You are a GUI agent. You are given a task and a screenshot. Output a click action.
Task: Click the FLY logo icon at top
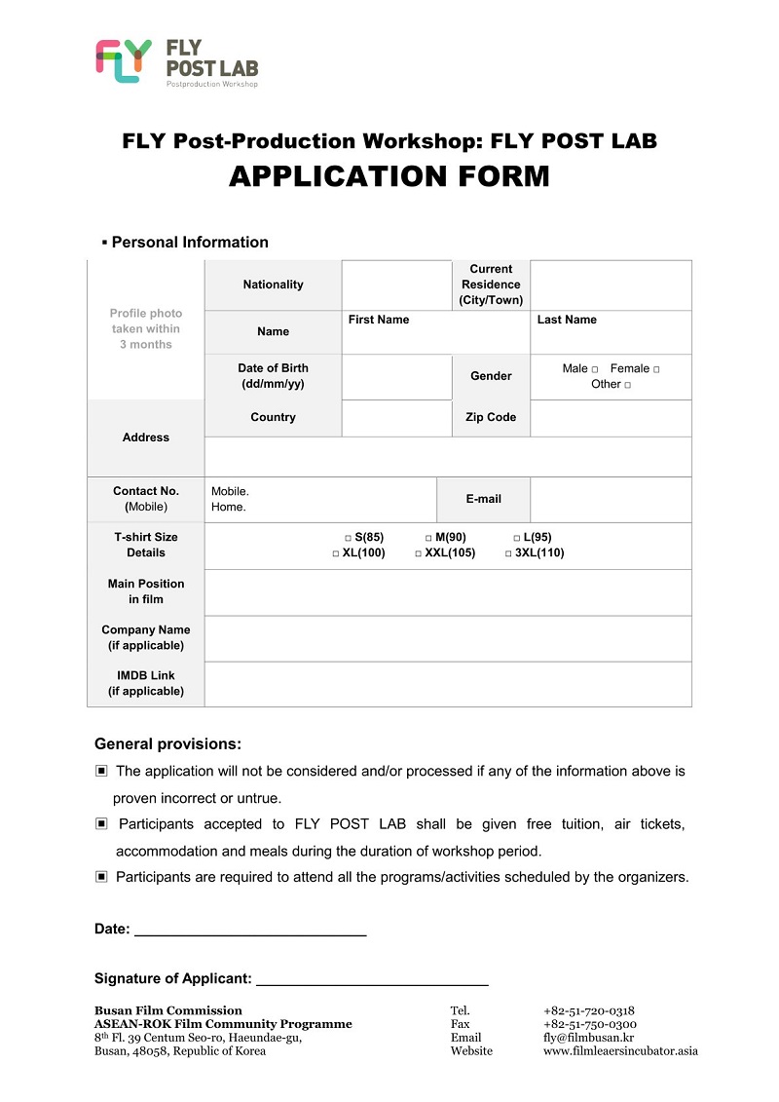coord(124,60)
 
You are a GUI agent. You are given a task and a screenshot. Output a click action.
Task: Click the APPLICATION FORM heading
coord(389,176)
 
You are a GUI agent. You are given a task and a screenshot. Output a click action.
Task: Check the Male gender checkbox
coord(594,369)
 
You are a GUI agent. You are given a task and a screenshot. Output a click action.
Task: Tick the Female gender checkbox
coord(656,369)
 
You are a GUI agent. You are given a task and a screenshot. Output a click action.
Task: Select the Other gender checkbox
coord(627,385)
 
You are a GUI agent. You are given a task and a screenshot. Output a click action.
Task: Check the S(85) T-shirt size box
coord(348,538)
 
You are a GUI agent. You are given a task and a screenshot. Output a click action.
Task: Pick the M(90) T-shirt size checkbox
coord(428,538)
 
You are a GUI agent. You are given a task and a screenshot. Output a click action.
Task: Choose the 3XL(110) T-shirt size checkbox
coord(508,553)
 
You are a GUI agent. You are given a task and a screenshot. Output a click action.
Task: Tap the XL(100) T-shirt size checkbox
coord(336,553)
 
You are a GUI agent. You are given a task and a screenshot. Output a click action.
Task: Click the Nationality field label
coord(273,285)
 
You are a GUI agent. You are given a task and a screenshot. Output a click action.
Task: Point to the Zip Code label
coord(491,417)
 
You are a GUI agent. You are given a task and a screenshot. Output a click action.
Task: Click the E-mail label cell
coord(483,499)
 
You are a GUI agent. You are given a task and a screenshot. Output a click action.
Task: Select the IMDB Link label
coord(146,683)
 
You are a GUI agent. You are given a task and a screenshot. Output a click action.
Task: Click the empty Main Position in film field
coord(448,591)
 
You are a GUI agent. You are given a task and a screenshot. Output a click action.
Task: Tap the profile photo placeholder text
coord(146,329)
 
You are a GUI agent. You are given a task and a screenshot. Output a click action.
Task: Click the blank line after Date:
coord(249,932)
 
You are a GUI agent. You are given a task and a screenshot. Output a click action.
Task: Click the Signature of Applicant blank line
coord(371,982)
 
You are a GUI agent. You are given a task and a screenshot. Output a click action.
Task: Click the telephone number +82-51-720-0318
coord(589,1010)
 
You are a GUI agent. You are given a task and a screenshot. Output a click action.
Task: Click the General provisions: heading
coord(167,744)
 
